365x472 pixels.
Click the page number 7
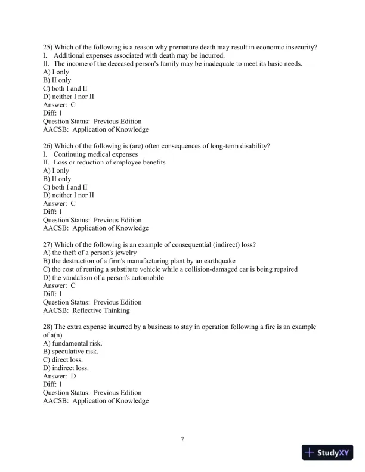click(182, 439)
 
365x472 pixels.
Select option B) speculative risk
click(71, 352)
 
